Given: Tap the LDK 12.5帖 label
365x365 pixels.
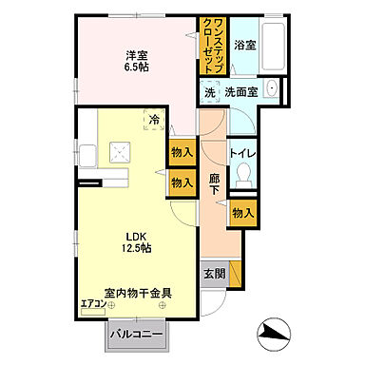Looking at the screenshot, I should [133, 242].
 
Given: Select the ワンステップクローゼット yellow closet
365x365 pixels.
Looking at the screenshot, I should [212, 48].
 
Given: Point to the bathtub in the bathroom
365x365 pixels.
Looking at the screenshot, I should [271, 42].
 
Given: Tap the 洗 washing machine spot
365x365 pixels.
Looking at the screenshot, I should [208, 93].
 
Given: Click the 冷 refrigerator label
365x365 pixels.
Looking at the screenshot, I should [155, 121].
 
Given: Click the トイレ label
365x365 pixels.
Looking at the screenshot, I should [241, 152].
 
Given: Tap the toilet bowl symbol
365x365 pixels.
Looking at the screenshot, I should [242, 178].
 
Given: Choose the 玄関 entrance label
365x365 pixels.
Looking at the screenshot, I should [214, 274].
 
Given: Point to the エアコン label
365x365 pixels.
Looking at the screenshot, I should [93, 304].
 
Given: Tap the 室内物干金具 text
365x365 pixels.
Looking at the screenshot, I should [138, 293].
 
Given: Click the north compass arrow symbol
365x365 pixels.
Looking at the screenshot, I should [275, 332].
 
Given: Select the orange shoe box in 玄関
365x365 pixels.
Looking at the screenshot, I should [236, 274].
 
